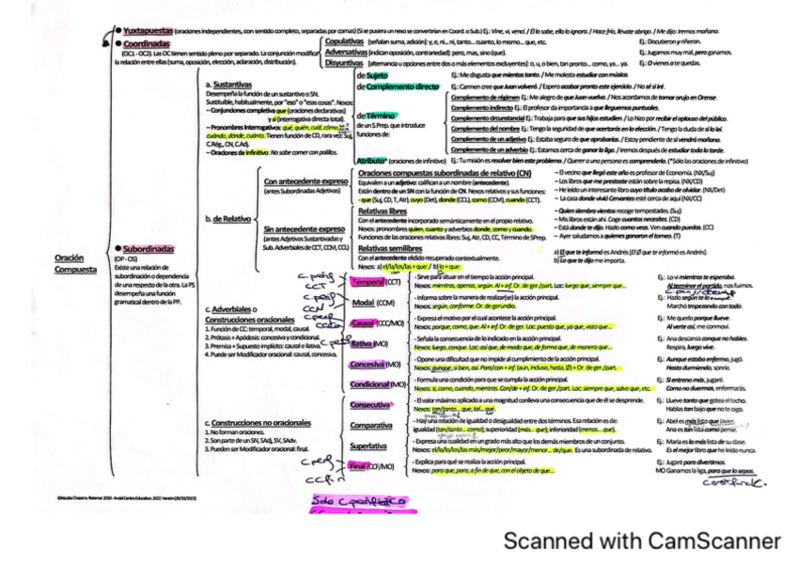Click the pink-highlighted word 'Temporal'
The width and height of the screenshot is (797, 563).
[x=357, y=282]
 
